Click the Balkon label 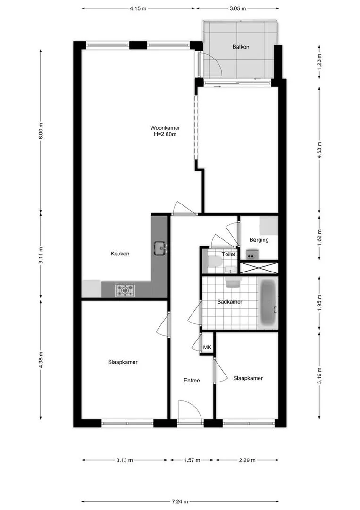click(241, 47)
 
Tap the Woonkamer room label click(165, 128)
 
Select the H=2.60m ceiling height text click(165, 134)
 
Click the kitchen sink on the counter click(160, 248)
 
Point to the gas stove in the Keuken click(125, 290)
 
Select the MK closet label click(207, 348)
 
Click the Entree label click(192, 380)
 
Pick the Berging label click(259, 240)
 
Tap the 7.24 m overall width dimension click(180, 502)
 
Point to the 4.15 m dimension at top click(138, 8)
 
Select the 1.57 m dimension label click(192, 460)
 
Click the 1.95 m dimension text click(319, 303)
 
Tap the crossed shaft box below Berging click(259, 268)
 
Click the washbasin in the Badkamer click(233, 282)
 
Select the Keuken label click(120, 254)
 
